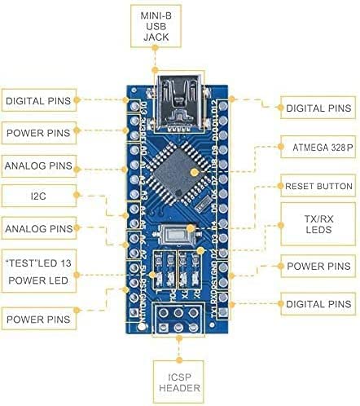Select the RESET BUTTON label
(317, 187)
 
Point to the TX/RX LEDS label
(317, 225)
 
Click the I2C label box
(39, 195)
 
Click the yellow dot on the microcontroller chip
(192, 173)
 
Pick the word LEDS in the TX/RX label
(317, 233)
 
